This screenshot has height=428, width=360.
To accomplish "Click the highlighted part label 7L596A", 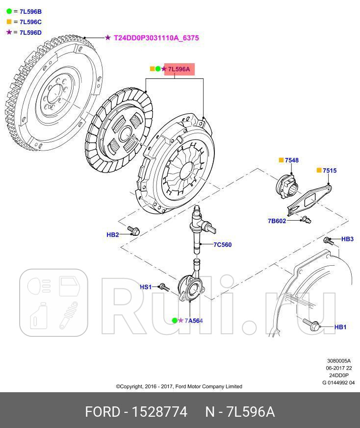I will (179, 69).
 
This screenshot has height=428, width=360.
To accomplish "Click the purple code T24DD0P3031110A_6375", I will (156, 37).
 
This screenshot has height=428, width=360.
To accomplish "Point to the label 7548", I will (292, 160).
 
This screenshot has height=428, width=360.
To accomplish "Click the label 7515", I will (330, 170).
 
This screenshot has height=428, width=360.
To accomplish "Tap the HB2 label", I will (113, 235).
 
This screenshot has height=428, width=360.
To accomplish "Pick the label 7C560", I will (222, 245).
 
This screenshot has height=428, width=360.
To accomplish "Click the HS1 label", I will (146, 287).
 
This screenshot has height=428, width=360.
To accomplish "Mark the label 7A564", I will (194, 321).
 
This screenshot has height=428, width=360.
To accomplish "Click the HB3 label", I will (347, 239).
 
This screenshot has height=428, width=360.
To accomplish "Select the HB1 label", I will (340, 327).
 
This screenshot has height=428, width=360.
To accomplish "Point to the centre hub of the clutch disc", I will (127, 135).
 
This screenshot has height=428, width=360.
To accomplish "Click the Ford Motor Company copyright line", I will (179, 386).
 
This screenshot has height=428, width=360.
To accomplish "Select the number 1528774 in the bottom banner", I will (157, 411).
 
